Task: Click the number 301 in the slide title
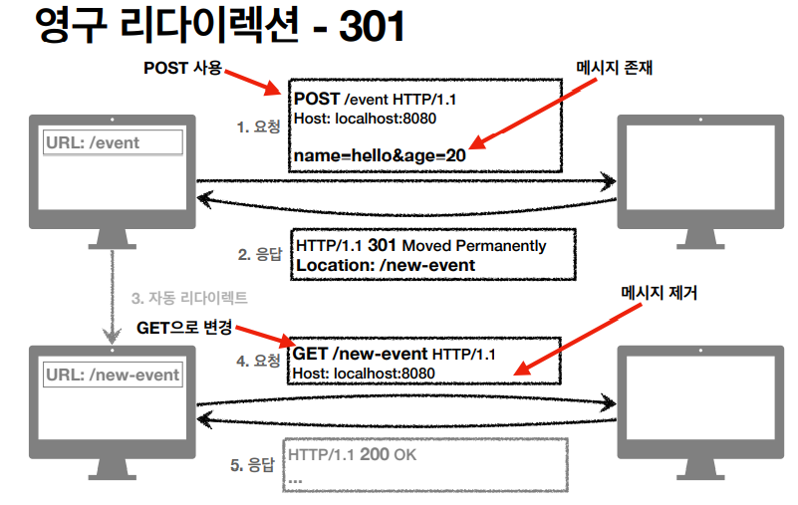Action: click(x=372, y=27)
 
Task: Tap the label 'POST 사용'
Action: click(x=182, y=70)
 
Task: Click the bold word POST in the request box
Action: click(x=317, y=99)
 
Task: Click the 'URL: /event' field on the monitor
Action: click(x=112, y=142)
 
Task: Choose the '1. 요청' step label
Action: click(x=258, y=126)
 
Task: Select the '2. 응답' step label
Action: click(x=258, y=254)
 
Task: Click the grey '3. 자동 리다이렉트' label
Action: click(x=189, y=298)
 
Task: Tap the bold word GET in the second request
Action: click(x=312, y=354)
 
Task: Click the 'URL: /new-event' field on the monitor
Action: click(x=113, y=375)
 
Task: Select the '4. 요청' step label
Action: click(x=258, y=361)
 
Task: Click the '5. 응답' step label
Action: click(x=252, y=463)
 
